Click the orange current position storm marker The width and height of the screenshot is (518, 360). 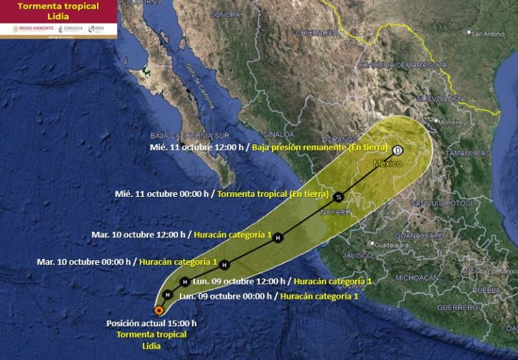tap(159, 310)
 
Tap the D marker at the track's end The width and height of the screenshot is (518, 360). tap(397, 150)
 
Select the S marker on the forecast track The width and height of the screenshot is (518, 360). tap(339, 198)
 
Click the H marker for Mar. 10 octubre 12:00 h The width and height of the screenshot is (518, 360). tap(277, 237)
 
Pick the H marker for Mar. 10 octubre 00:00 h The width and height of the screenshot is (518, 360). tap(225, 264)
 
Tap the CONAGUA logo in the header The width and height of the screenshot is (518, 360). tap(70, 29)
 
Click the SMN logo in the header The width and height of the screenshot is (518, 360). tap(99, 29)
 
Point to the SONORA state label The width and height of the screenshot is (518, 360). tap(225, 14)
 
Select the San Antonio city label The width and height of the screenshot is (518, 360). tap(488, 33)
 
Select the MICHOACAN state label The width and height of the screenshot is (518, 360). tap(417, 278)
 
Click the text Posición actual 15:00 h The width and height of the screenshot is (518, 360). tap(151, 324)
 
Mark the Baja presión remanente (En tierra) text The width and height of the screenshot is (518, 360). tap(320, 147)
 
